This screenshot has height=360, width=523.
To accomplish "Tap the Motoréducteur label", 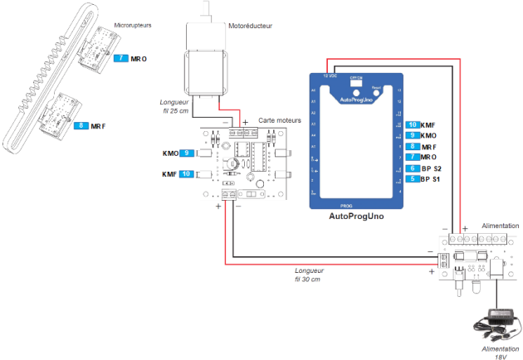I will point(251,26).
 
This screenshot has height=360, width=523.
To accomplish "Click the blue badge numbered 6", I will point(413,168).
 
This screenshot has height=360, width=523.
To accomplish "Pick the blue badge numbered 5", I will point(413,178).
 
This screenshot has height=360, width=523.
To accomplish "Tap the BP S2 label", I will point(432,168).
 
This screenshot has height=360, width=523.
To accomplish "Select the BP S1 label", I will point(432,178).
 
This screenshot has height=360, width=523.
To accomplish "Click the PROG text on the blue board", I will point(347,202).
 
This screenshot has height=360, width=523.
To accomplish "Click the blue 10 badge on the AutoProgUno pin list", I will point(413,124).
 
